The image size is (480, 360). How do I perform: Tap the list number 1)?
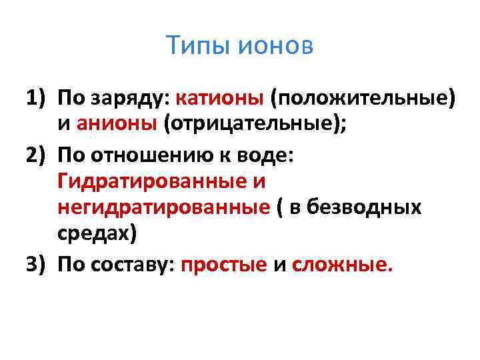[37, 99]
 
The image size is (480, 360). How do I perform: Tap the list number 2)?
[37, 153]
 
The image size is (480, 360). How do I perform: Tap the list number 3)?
[37, 264]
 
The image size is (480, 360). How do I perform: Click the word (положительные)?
[363, 99]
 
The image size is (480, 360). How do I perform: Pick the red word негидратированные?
[163, 208]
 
